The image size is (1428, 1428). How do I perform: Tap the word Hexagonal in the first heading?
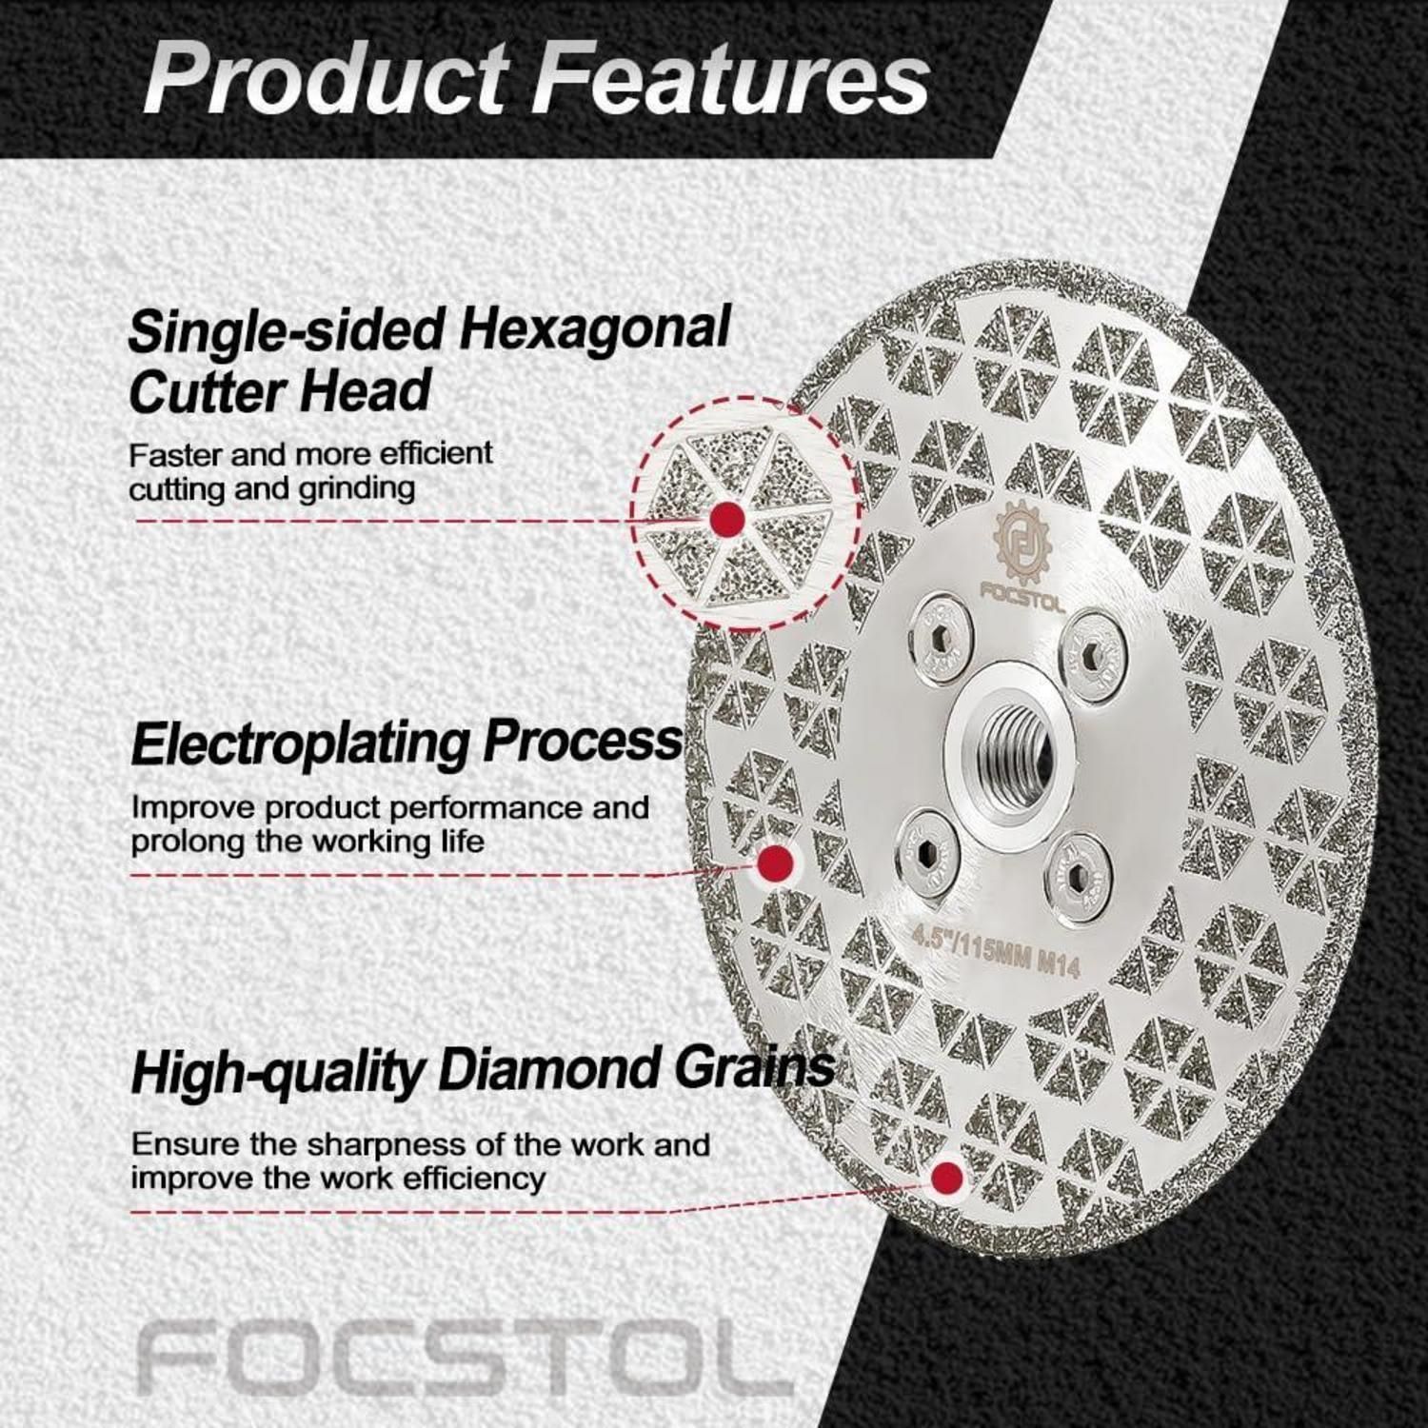pos(595,329)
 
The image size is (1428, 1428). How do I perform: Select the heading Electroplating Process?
pos(407,744)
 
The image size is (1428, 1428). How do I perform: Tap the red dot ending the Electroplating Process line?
pos(776,863)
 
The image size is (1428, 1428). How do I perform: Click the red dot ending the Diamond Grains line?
pos(946,1179)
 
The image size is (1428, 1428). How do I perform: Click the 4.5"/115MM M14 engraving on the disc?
pos(996,953)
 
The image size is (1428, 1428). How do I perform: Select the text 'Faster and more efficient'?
pos(311,454)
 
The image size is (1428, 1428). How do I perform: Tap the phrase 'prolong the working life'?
pos(307,842)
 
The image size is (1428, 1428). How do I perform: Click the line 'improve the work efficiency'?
pos(338,1178)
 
